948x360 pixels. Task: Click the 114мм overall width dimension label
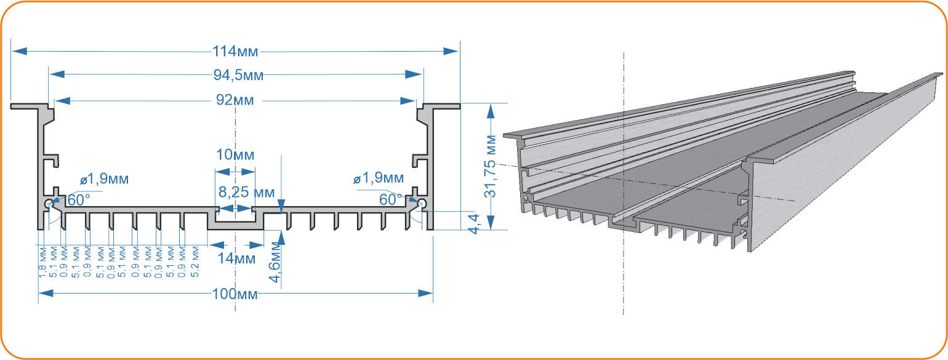(235, 51)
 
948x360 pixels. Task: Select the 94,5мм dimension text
(238, 75)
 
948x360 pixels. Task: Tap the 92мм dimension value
(235, 100)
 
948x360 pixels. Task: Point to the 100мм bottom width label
(235, 294)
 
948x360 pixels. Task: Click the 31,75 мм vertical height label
(490, 166)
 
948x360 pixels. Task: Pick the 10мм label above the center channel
(235, 155)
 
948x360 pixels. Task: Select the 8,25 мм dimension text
(246, 192)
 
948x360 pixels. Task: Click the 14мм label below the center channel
(236, 258)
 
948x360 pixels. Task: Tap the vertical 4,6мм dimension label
(275, 262)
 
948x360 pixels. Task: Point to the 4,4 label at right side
(473, 224)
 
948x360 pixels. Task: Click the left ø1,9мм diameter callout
(104, 179)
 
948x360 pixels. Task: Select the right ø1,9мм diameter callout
(379, 178)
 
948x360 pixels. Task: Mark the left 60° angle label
(79, 199)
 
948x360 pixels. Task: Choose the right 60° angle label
(391, 199)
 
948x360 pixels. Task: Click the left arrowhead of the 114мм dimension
(20, 51)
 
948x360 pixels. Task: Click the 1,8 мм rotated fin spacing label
(42, 263)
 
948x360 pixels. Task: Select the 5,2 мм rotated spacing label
(195, 262)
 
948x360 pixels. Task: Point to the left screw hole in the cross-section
(49, 204)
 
